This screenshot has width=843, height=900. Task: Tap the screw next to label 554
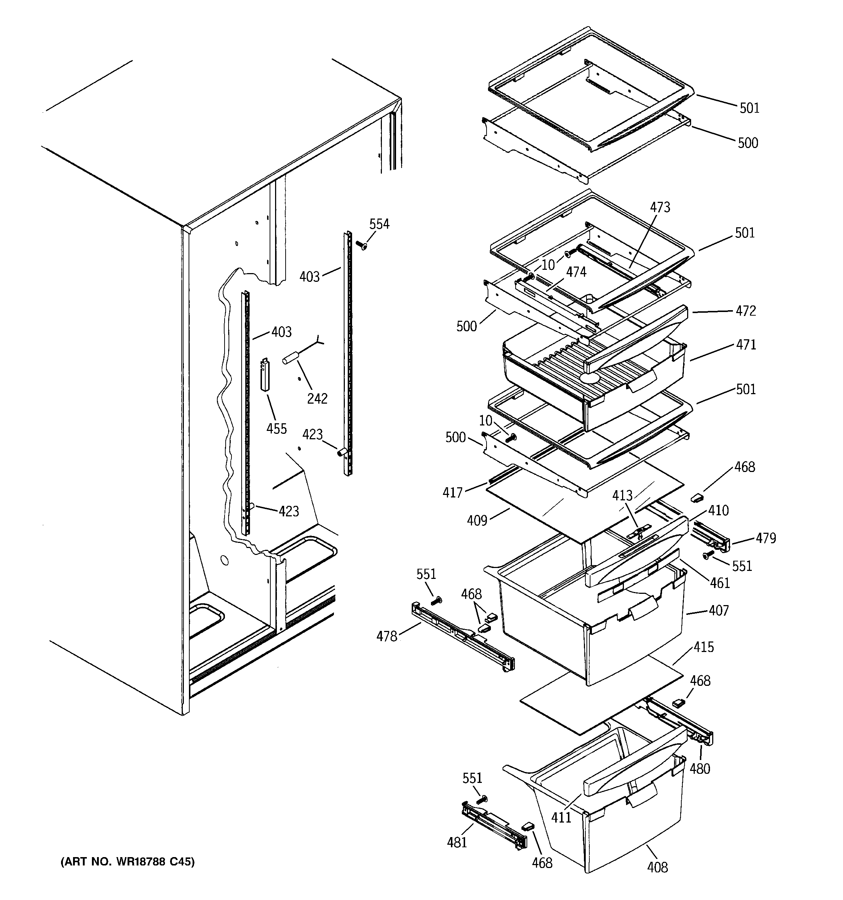click(x=362, y=245)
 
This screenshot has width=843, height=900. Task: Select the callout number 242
click(x=317, y=399)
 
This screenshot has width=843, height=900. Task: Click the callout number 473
click(x=660, y=207)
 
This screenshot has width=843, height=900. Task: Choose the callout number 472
click(x=746, y=311)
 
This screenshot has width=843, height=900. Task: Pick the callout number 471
click(x=746, y=345)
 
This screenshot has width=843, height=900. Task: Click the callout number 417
click(x=452, y=493)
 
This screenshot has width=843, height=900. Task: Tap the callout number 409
click(x=477, y=521)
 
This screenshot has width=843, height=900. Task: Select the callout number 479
click(x=766, y=538)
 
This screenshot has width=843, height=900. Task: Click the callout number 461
click(x=720, y=583)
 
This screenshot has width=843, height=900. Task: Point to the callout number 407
click(x=719, y=611)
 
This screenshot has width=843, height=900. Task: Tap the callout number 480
click(x=699, y=768)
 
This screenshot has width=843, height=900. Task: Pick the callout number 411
click(x=561, y=817)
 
